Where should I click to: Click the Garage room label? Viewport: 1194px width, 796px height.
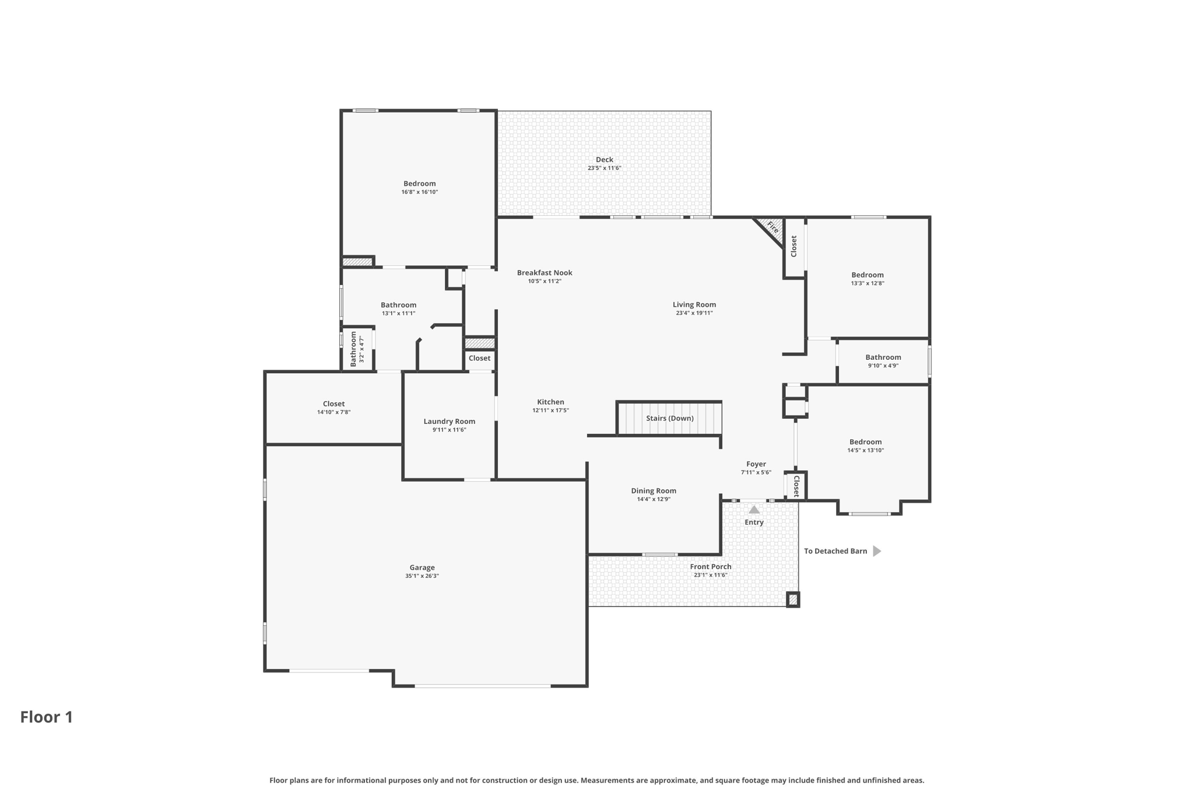click(x=422, y=567)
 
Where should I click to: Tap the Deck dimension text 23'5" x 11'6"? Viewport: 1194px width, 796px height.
click(x=604, y=168)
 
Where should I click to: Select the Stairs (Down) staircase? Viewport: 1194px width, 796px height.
click(x=669, y=418)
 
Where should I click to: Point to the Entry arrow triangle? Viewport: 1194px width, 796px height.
click(x=754, y=510)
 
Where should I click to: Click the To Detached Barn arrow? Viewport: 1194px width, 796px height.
click(x=876, y=551)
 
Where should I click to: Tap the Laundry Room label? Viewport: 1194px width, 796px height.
click(x=449, y=421)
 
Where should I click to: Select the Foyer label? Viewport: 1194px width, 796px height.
click(x=756, y=464)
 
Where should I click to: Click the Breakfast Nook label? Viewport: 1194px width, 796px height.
click(x=545, y=272)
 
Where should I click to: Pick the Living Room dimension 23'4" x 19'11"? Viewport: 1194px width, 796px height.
click(x=694, y=313)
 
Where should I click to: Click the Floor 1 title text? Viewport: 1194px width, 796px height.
click(x=47, y=717)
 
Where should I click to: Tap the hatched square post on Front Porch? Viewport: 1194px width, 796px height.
click(x=792, y=599)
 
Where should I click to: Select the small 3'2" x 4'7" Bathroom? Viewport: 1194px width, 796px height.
click(x=357, y=349)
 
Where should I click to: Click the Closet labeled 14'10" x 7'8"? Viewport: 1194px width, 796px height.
click(x=333, y=407)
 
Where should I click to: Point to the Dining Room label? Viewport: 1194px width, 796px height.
click(x=653, y=490)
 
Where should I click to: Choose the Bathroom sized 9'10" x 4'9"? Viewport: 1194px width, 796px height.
click(x=883, y=361)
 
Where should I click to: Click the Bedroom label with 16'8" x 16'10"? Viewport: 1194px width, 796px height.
click(x=419, y=183)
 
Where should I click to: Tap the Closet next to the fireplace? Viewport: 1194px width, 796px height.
click(x=793, y=247)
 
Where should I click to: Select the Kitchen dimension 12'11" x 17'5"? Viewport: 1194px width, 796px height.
click(x=550, y=411)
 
